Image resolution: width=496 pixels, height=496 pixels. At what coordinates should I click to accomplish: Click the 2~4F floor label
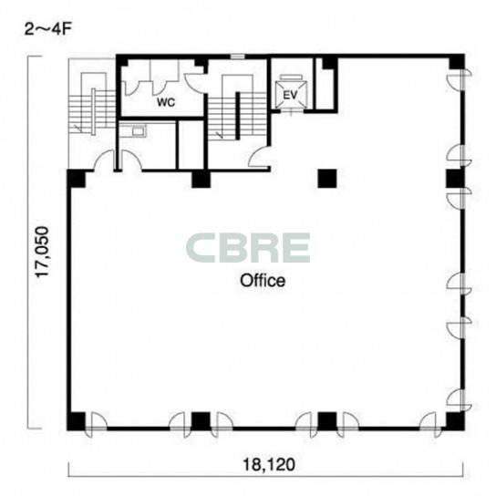(48, 30)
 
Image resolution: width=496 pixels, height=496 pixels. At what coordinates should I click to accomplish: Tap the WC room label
(166, 102)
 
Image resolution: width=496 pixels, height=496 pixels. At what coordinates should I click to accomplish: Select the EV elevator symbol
(291, 94)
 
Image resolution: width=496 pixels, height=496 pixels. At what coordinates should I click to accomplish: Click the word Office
(263, 281)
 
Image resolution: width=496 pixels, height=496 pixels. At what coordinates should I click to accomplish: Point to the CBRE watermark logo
(248, 248)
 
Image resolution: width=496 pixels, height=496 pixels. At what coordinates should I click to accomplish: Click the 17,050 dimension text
(42, 253)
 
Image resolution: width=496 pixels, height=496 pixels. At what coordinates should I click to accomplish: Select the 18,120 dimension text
(269, 465)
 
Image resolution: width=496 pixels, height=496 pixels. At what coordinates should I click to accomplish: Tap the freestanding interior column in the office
(327, 179)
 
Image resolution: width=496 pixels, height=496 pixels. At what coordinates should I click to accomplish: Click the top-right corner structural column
(457, 62)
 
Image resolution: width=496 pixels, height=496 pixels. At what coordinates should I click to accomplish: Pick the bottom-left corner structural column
(77, 421)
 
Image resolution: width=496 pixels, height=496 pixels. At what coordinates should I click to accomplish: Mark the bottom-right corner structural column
(455, 421)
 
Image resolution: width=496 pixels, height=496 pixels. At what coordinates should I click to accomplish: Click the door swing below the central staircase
(259, 157)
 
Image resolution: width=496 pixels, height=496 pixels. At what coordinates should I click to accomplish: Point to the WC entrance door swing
(194, 81)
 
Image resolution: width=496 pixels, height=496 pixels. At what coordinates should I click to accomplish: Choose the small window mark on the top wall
(238, 57)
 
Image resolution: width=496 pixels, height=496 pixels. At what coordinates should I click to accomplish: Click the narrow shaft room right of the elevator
(325, 84)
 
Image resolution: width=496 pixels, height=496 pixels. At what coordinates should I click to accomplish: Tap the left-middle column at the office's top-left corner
(77, 179)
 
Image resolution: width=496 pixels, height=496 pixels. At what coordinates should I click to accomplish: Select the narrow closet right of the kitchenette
(191, 145)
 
